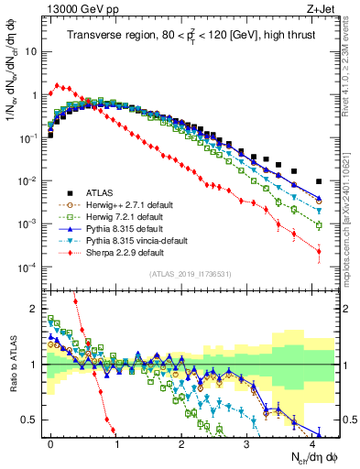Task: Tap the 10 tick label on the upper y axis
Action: pyautogui.click(x=30, y=51)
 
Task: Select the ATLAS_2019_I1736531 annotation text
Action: pyautogui.click(x=189, y=275)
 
